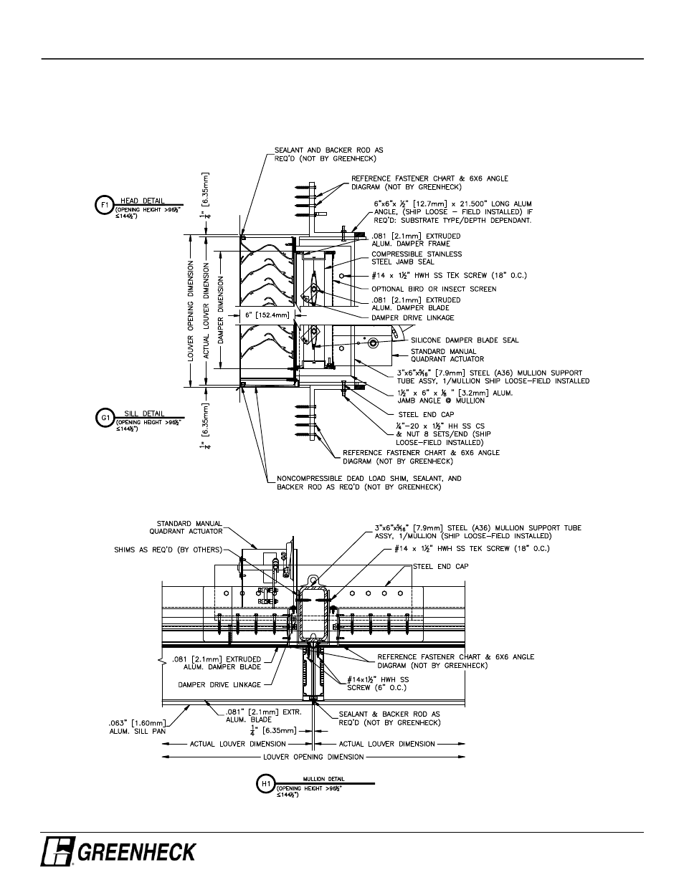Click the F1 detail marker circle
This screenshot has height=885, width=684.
click(x=104, y=205)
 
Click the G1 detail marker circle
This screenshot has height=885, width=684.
click(x=104, y=417)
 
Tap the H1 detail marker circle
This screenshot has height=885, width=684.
click(x=265, y=784)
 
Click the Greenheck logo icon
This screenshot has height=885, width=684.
click(x=57, y=852)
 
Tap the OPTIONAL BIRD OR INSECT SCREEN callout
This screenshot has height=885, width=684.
click(x=433, y=289)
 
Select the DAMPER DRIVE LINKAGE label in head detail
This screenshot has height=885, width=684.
click(x=412, y=317)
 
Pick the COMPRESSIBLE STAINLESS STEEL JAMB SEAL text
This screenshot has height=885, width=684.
click(x=416, y=257)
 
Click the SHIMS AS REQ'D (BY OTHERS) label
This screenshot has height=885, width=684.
click(x=169, y=550)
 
